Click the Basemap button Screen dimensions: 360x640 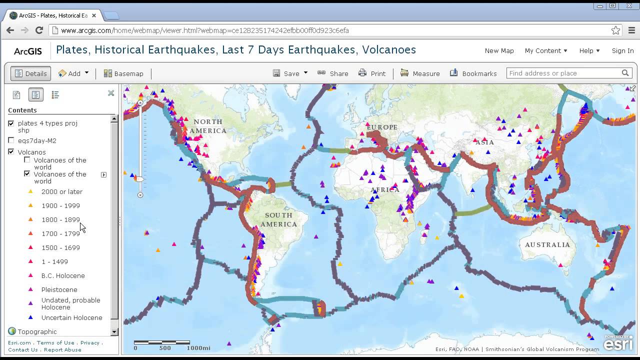tap(123, 73)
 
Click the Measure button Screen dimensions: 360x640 tap(420, 73)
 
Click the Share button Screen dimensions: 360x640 tap(333, 73)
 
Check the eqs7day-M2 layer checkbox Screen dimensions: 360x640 tap(11, 140)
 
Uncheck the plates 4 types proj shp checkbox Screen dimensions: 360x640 tap(11, 123)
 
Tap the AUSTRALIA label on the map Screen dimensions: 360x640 tap(547, 244)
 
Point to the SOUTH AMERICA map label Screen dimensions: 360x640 tap(278, 219)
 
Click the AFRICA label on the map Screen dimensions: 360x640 tap(385, 189)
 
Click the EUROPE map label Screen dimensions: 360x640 tap(382, 127)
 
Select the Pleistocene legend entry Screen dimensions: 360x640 tap(59, 289)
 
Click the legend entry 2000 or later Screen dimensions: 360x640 tap(61, 191)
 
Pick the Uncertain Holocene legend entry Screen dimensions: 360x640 tap(71, 317)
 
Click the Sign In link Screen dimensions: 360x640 tap(622, 50)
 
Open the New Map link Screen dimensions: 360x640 tap(499, 50)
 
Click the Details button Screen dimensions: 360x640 tap(30, 73)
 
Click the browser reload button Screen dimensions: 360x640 tap(39, 30)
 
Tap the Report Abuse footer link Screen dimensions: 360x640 tap(62, 349)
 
